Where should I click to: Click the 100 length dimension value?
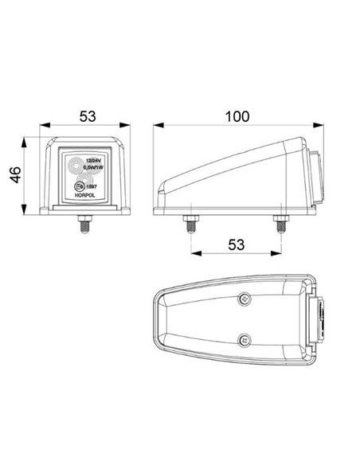point(237,116)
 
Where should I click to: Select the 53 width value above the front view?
point(87,116)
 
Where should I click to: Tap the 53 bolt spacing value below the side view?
point(236,245)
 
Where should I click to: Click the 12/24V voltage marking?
point(94,162)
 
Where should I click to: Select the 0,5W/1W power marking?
point(94,170)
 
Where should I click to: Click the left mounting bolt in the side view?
point(191,224)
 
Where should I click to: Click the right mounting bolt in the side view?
point(280,224)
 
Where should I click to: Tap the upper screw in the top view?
point(245,299)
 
